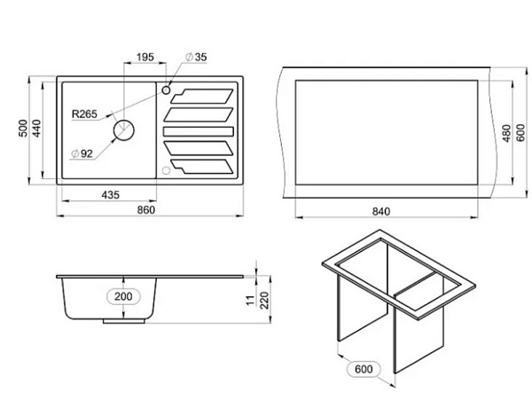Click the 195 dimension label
[145, 57]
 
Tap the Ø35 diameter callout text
[196, 57]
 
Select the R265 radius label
[84, 114]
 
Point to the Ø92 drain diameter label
[82, 153]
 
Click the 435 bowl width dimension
[111, 195]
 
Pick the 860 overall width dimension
[146, 210]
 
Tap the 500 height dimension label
[23, 129]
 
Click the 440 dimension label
[36, 129]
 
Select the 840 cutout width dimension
[381, 211]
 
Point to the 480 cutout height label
[506, 133]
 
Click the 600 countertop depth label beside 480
[520, 133]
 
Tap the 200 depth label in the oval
[123, 296]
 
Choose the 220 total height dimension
[264, 301]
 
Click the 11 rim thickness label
[250, 301]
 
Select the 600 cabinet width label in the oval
[364, 369]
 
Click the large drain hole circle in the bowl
[124, 130]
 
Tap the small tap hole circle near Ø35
[166, 90]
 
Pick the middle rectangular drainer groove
[199, 131]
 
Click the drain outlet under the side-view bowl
[124, 321]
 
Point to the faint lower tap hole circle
[166, 170]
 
